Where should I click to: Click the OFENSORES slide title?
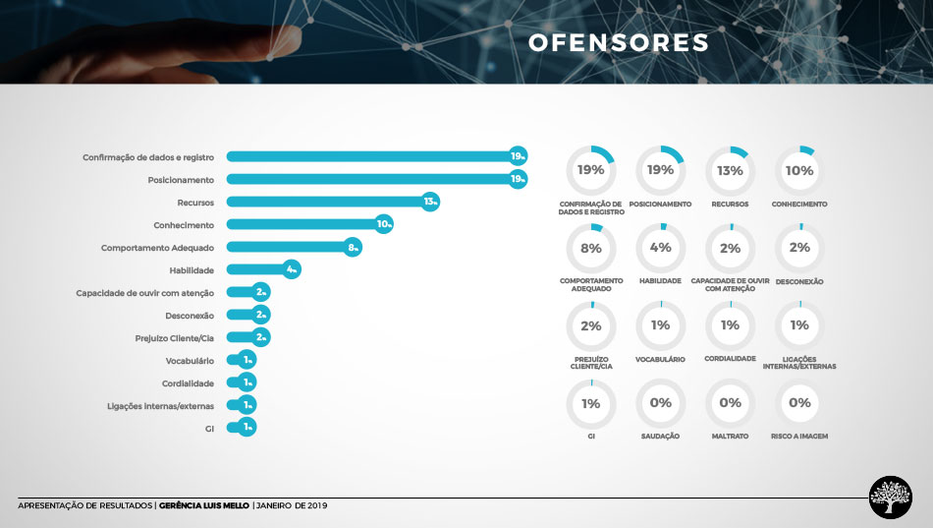pyautogui.click(x=618, y=43)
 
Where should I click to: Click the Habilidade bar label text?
pyautogui.click(x=192, y=270)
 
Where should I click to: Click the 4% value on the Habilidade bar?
pyautogui.click(x=291, y=270)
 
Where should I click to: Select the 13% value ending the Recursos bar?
pyautogui.click(x=429, y=203)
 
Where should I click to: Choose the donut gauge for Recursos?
pyautogui.click(x=730, y=170)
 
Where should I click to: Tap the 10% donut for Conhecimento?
pyautogui.click(x=799, y=170)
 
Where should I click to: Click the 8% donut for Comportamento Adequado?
pyautogui.click(x=591, y=249)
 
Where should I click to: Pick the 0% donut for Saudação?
pyautogui.click(x=660, y=403)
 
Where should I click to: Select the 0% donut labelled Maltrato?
pyautogui.click(x=730, y=403)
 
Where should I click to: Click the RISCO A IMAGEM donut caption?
pyautogui.click(x=799, y=436)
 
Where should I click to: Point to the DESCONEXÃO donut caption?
pyautogui.click(x=799, y=281)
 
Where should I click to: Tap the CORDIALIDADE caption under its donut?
pyautogui.click(x=730, y=359)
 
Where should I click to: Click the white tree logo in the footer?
pyautogui.click(x=890, y=497)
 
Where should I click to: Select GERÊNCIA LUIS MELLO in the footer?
pyautogui.click(x=204, y=506)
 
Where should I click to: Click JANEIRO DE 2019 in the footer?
pyautogui.click(x=292, y=506)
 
